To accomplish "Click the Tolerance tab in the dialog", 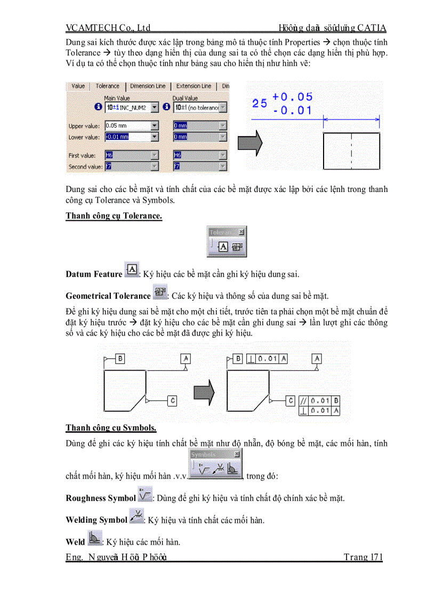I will click(107, 86).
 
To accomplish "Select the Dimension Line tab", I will click(148, 86).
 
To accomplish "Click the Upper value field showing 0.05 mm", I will click(127, 126).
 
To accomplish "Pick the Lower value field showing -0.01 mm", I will click(127, 137).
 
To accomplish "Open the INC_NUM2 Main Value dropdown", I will click(155, 108).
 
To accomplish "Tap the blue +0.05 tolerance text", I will click(292, 97).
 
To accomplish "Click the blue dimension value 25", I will click(260, 103).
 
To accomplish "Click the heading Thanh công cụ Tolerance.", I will click(114, 216).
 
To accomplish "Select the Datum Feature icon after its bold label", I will click(131, 270).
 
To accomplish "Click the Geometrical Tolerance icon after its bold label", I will click(159, 292).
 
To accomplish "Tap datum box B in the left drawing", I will click(120, 358).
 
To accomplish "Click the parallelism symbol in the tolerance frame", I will click(303, 400).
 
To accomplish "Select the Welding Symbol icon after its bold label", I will click(136, 516).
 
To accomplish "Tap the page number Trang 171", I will click(363, 558).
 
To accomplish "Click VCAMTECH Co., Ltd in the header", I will click(108, 28).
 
